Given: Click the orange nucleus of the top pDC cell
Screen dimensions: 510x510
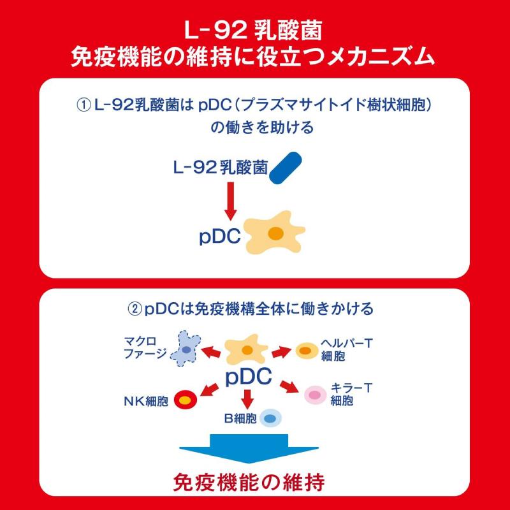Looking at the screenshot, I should coord(275,234).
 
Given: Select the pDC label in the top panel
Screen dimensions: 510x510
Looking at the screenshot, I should coord(220,237).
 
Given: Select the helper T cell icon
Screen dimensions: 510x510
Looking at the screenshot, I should coord(305,351).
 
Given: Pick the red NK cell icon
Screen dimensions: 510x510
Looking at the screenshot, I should coord(185,400).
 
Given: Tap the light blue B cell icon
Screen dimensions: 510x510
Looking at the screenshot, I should coord(269,418).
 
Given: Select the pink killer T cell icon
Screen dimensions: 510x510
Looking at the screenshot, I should coord(314,395).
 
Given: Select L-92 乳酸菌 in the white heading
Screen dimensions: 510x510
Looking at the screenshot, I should coord(254,30).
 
